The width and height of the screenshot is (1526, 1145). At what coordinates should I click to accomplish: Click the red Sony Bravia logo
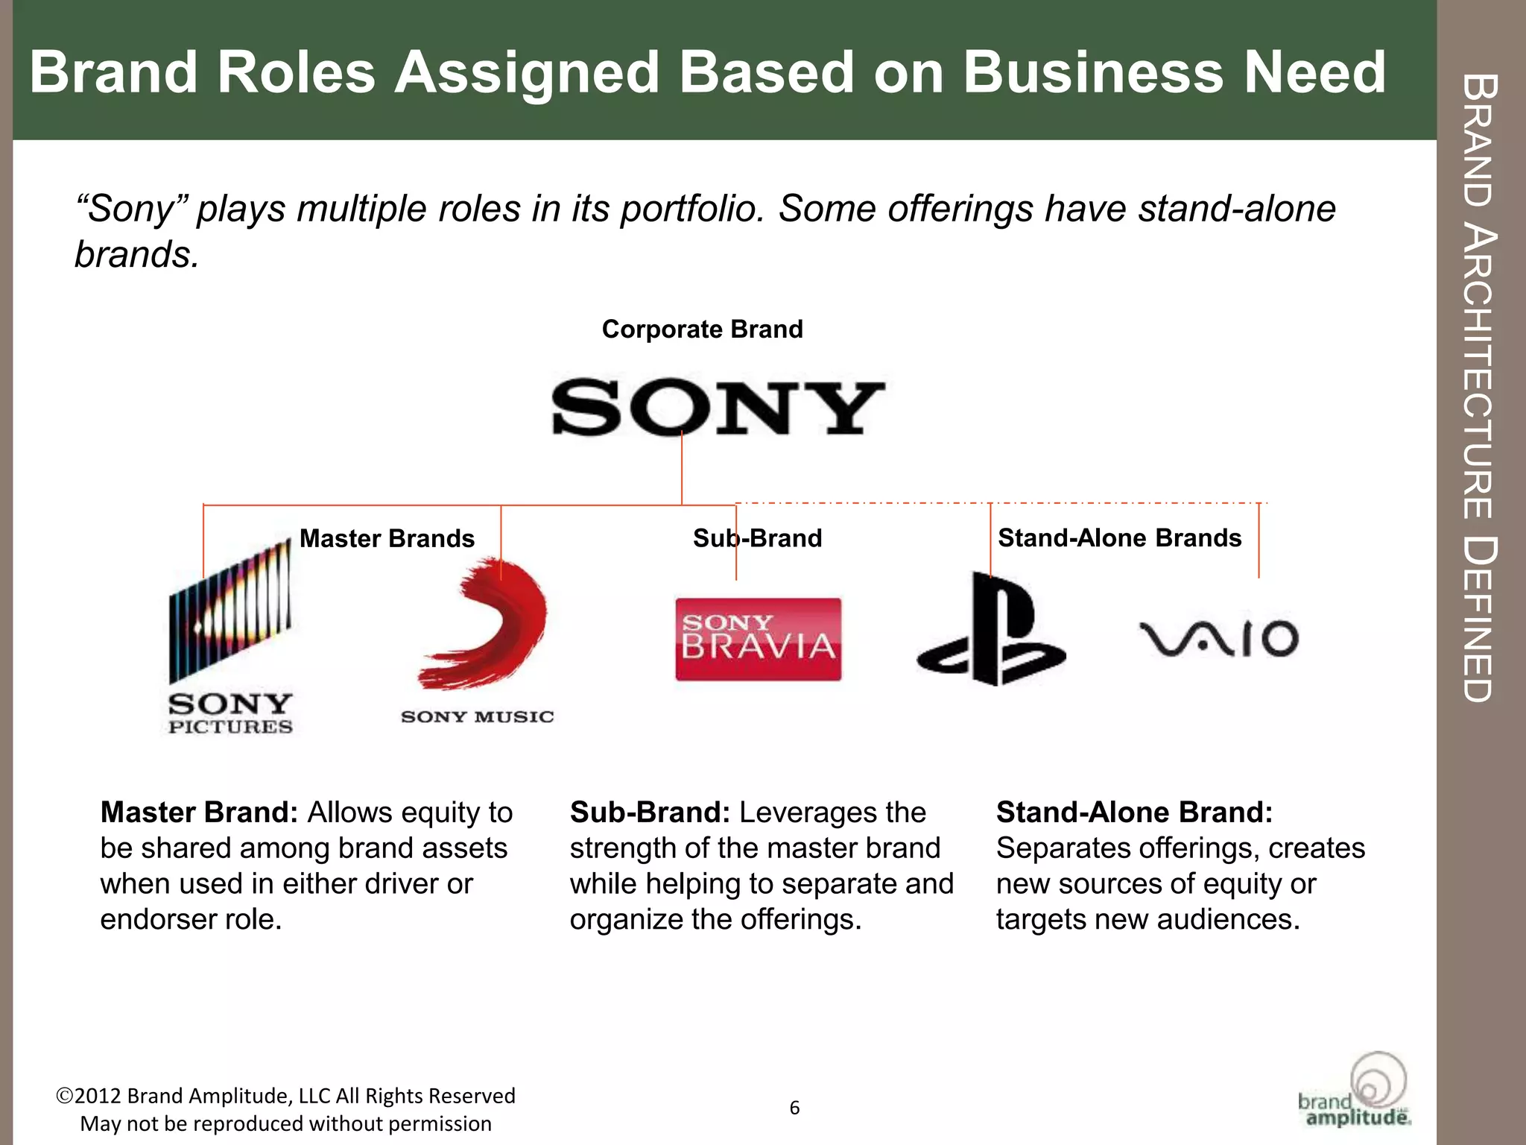click(758, 639)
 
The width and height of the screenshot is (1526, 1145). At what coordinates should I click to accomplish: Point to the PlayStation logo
click(990, 631)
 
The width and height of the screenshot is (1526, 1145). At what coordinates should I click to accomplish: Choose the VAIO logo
click(1219, 638)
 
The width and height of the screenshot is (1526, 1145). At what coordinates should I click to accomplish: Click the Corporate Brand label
click(702, 329)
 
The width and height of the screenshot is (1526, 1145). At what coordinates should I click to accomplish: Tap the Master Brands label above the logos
click(387, 538)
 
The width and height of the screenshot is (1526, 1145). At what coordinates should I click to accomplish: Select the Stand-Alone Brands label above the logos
click(1119, 537)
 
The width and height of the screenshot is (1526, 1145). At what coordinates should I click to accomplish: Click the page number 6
click(794, 1108)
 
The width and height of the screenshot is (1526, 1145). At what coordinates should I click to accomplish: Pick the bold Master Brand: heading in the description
click(199, 812)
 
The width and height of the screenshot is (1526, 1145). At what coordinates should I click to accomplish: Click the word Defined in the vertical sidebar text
click(1478, 619)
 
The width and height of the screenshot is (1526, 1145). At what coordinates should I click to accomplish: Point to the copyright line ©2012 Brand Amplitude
click(285, 1096)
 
